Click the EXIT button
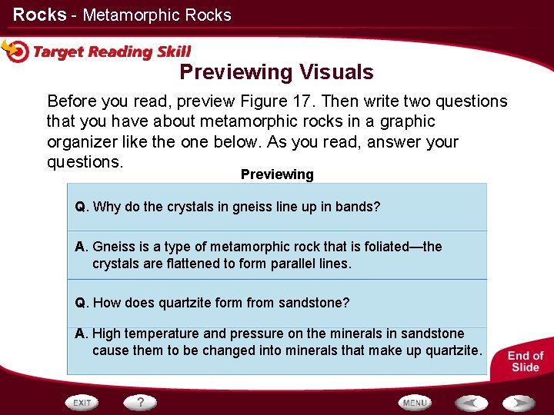pos(82,403)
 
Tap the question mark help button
pos(141,402)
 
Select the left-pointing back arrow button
pos(470,403)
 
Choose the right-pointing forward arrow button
pos(518,403)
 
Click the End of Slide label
pos(525,361)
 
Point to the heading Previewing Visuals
pos(276,72)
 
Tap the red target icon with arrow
pos(15,50)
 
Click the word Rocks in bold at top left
pos(39,15)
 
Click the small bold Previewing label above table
pos(277,174)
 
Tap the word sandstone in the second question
pos(313,303)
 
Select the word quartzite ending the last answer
pos(454,350)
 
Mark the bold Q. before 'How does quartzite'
pos(82,303)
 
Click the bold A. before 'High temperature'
pos(82,334)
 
